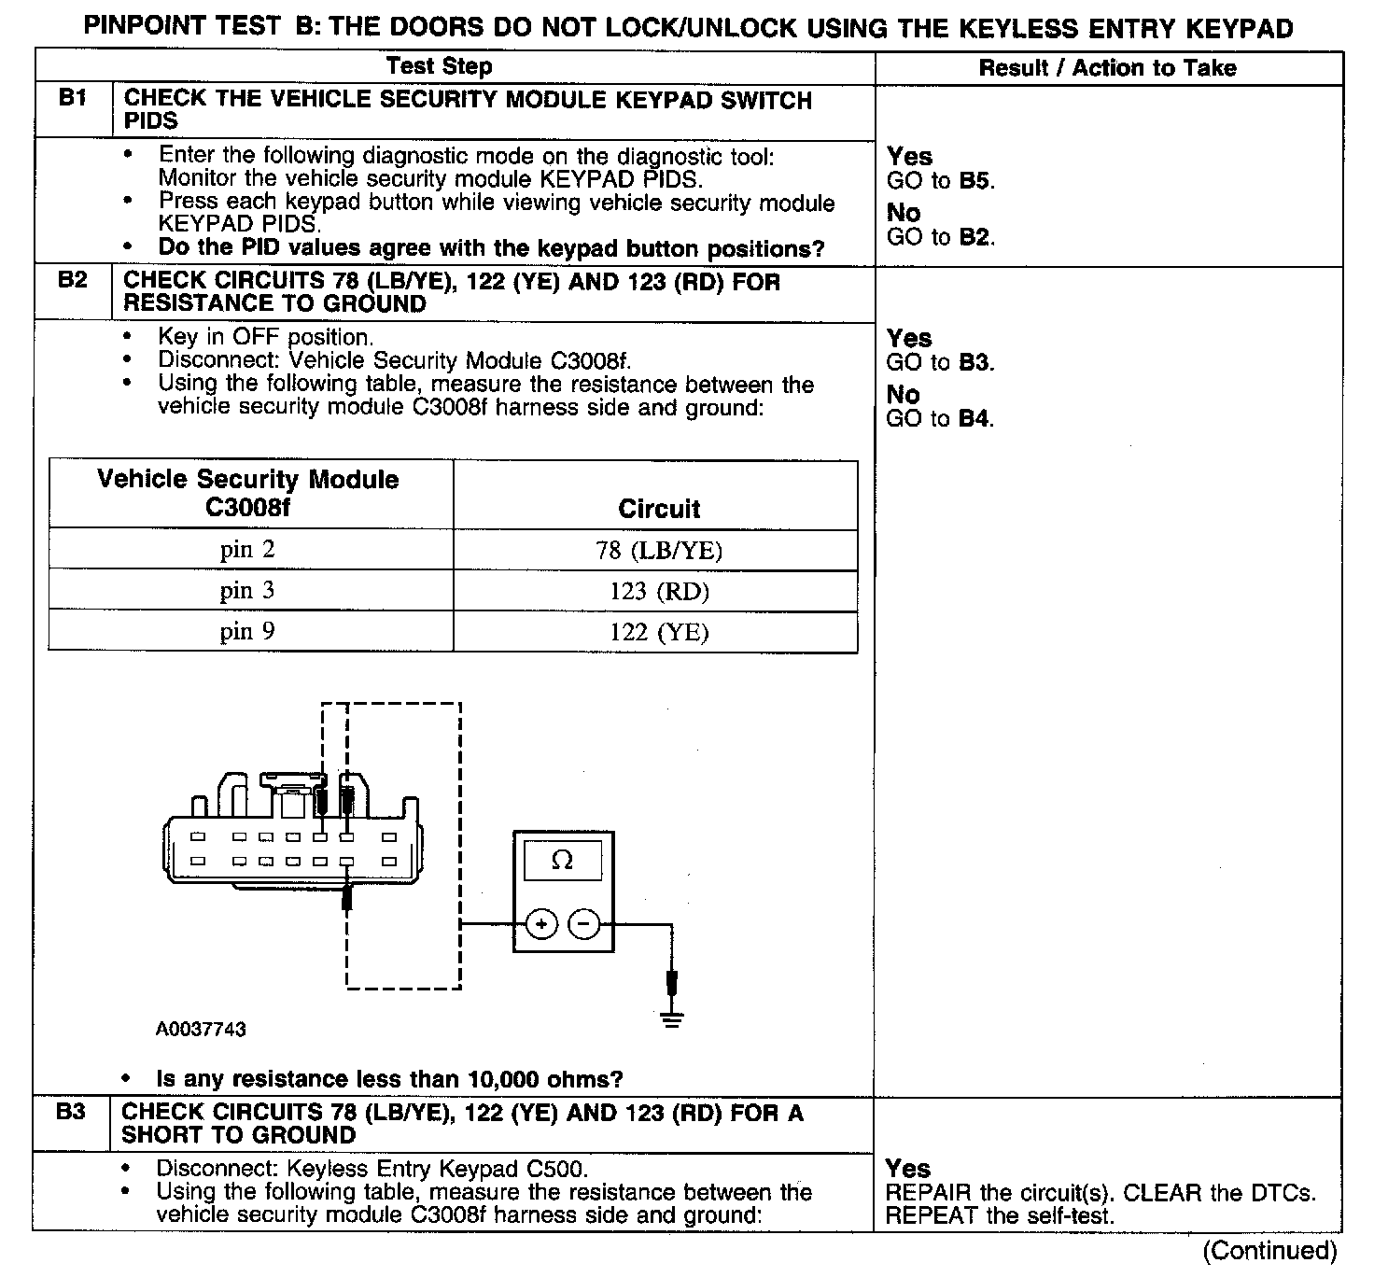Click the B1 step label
[72, 98]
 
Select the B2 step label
[72, 280]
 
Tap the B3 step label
[71, 1112]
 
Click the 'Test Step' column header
[439, 66]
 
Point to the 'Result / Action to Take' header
[1107, 67]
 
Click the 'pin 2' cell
[248, 550]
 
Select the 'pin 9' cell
[248, 632]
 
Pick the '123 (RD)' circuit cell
[659, 591]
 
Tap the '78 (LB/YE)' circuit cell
[659, 551]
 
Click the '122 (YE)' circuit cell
[659, 633]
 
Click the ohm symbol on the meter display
[562, 861]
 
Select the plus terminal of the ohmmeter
[541, 924]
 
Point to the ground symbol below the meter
[671, 1018]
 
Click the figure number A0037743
[201, 1030]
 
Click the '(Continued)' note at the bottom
[1269, 1250]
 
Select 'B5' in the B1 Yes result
[974, 181]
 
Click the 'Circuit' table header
[659, 509]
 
